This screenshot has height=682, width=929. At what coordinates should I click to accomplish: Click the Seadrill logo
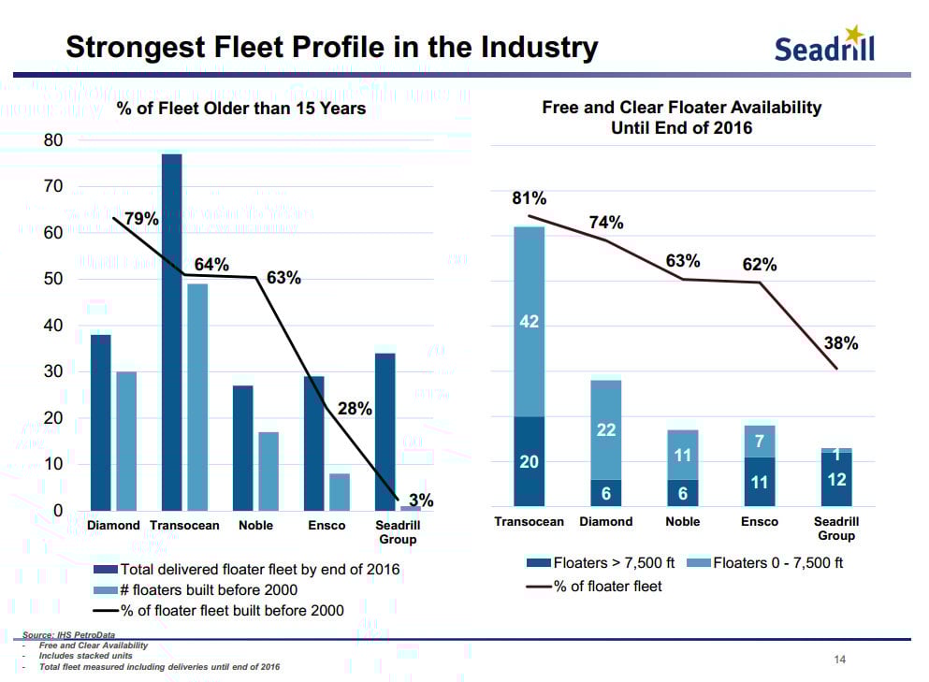click(824, 45)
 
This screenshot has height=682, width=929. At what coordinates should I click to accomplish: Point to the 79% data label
click(142, 220)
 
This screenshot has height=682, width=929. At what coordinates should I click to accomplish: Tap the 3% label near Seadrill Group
click(421, 501)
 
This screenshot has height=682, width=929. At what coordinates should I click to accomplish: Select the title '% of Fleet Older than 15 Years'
click(240, 109)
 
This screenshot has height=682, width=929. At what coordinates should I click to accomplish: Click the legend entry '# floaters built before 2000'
click(208, 589)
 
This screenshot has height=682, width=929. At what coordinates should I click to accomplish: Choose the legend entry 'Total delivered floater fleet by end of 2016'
click(259, 569)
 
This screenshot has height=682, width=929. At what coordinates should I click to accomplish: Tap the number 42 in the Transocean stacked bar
click(529, 323)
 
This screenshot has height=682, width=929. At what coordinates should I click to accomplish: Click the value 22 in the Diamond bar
click(605, 429)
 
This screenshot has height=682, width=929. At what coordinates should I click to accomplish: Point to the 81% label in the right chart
click(529, 198)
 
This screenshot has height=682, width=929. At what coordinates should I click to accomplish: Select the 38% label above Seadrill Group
click(841, 343)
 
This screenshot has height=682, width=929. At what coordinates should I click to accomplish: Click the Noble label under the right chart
click(682, 522)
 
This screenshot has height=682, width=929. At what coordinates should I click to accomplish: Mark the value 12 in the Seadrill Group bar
click(836, 479)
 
